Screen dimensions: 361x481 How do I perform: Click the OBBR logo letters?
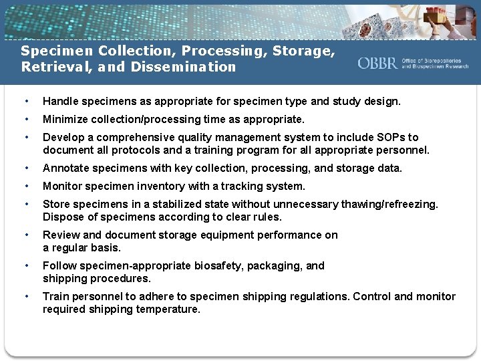[x=378, y=64]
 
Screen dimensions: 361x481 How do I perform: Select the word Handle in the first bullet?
[x=59, y=102]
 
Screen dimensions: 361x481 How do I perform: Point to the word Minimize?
[x=65, y=119]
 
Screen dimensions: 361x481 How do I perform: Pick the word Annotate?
[x=65, y=168]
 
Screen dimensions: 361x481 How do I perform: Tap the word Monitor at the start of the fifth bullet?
[x=62, y=186]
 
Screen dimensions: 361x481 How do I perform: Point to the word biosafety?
[x=215, y=265]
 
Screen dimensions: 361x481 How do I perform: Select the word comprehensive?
[x=134, y=137]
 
